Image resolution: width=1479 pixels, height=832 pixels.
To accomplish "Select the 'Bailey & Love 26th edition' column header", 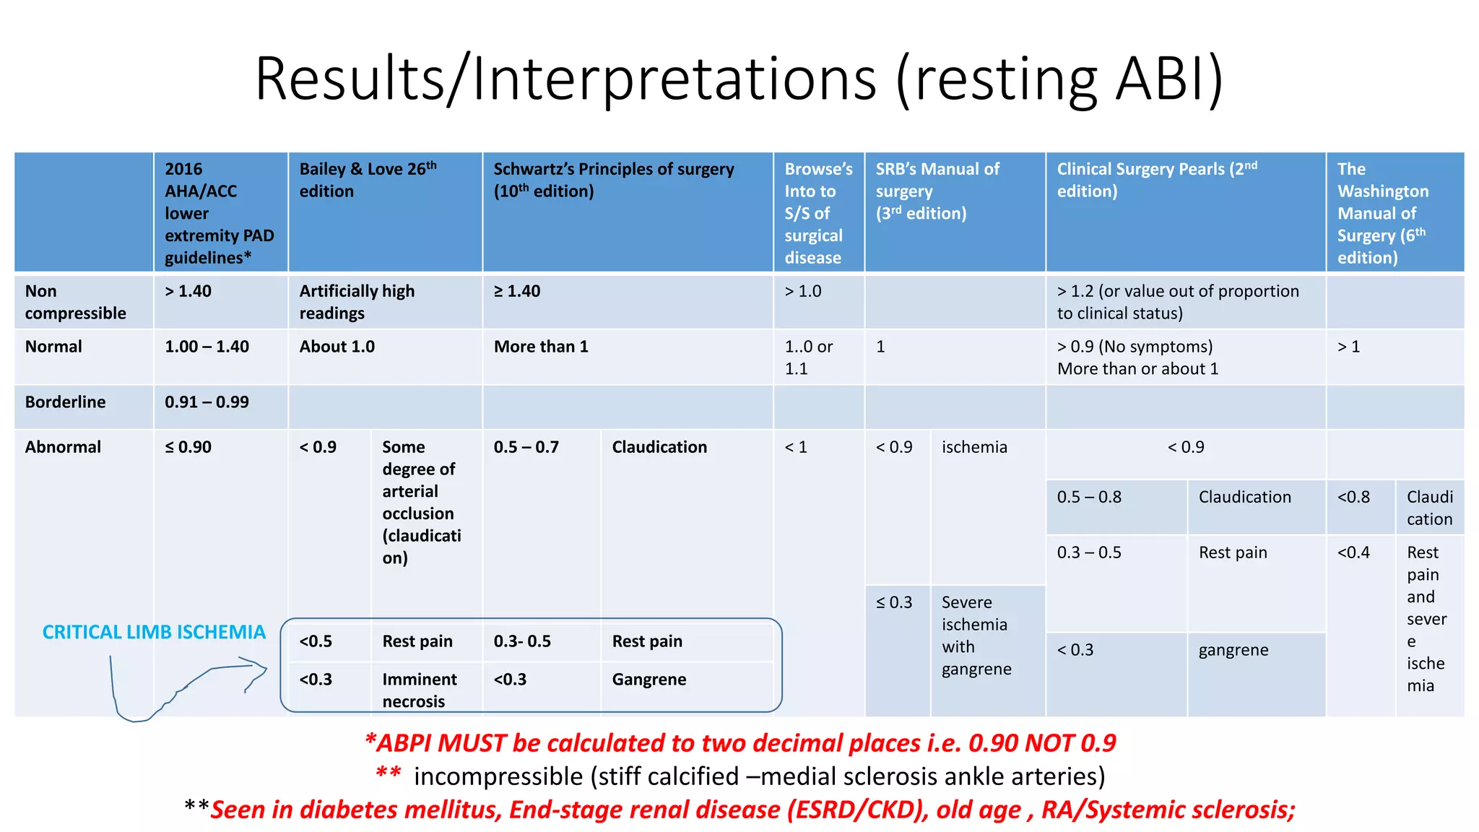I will click(368, 180).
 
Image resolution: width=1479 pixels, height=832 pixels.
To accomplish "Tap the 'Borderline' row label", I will click(65, 402).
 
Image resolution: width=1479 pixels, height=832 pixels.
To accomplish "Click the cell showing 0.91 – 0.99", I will click(207, 402).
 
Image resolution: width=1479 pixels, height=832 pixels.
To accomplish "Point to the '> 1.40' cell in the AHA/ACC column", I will click(188, 291).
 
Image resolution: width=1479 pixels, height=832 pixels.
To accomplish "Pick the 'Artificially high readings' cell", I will click(357, 302).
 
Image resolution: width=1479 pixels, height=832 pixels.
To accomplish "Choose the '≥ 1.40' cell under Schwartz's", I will click(517, 291).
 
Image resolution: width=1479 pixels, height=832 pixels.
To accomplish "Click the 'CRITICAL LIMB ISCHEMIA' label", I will click(154, 632).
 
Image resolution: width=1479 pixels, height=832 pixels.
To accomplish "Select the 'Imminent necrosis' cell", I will click(419, 690).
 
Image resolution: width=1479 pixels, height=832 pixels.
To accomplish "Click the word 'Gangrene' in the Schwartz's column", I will click(649, 680).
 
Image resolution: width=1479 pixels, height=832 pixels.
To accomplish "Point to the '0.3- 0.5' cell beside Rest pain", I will click(522, 641).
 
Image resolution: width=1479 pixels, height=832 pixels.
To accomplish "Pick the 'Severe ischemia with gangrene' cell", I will click(976, 636).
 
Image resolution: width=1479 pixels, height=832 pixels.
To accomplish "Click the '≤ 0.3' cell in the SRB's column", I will click(894, 602).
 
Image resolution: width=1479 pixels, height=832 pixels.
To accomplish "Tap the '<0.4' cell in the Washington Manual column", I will click(1353, 552).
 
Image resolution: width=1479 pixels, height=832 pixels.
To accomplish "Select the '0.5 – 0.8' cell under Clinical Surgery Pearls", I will click(1089, 497).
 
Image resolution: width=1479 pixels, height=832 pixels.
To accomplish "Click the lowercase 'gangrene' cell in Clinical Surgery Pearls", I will click(1233, 650).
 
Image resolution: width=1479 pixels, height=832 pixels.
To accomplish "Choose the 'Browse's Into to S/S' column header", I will click(817, 213).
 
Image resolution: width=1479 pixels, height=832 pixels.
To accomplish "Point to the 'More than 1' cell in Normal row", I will click(541, 347).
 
